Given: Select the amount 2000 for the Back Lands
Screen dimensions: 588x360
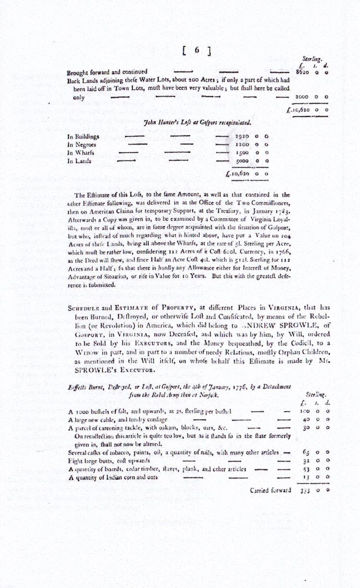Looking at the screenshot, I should tap(301, 97).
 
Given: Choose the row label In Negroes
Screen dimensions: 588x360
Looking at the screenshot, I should tap(83, 144).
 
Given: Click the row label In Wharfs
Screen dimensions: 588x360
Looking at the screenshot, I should tap(81, 152).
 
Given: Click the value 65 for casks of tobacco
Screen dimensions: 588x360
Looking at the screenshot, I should tap(306, 453).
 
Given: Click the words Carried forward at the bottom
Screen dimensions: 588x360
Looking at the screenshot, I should tap(271, 490).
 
